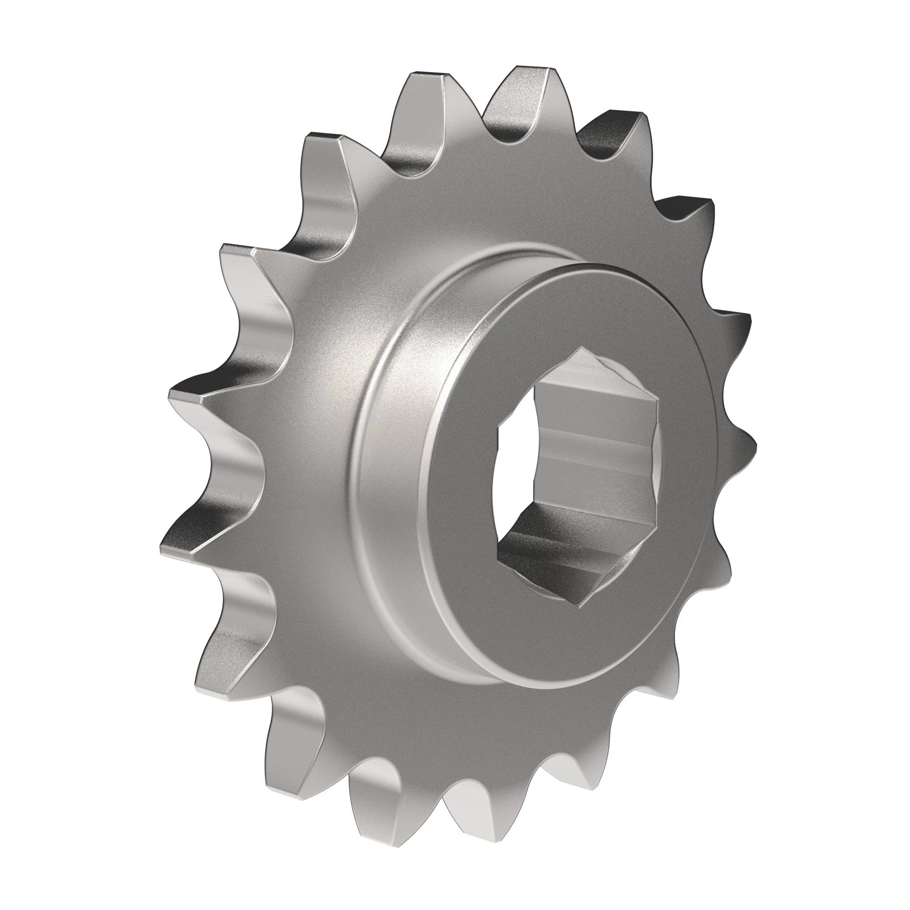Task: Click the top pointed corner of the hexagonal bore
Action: tap(583, 349)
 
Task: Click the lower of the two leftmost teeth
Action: tap(188, 546)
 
